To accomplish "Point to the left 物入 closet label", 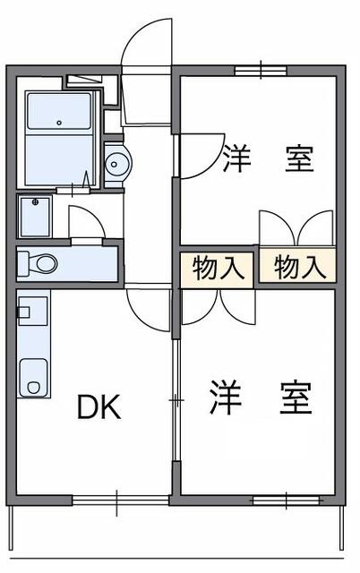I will coord(217,268).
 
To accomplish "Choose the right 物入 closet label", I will coord(297,267).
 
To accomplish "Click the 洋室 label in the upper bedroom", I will coord(267,158).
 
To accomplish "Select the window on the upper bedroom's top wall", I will coord(261,69).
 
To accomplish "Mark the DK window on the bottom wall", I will coord(117,498).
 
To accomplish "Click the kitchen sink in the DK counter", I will coord(34,374).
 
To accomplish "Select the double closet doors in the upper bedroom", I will coord(296,228).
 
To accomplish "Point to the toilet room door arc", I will coord(87,221).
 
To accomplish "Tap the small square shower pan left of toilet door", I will coord(36,216).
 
